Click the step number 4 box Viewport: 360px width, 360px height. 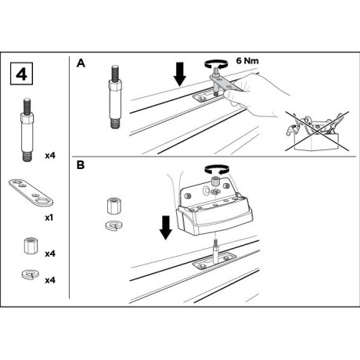[21, 74]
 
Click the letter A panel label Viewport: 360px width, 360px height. [81, 63]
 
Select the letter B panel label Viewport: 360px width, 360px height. [81, 165]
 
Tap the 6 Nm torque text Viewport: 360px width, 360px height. [247, 61]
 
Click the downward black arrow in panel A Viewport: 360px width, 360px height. [180, 74]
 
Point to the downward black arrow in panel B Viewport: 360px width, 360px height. [166, 228]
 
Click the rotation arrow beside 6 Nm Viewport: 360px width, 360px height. [216, 63]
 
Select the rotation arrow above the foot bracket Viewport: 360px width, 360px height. [217, 169]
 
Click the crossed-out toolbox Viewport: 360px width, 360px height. [317, 131]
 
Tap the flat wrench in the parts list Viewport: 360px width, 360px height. [31, 193]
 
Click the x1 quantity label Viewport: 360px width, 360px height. [49, 218]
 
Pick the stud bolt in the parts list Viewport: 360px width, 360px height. [27, 130]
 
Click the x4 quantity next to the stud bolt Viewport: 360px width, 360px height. [50, 156]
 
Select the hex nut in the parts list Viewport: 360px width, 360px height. [31, 245]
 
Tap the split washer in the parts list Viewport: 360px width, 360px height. [31, 275]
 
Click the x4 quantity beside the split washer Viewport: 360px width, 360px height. [50, 280]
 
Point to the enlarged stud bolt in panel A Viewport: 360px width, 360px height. [115, 97]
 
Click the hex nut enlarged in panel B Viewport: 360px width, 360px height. [114, 206]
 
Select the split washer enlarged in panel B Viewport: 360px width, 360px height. [114, 225]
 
